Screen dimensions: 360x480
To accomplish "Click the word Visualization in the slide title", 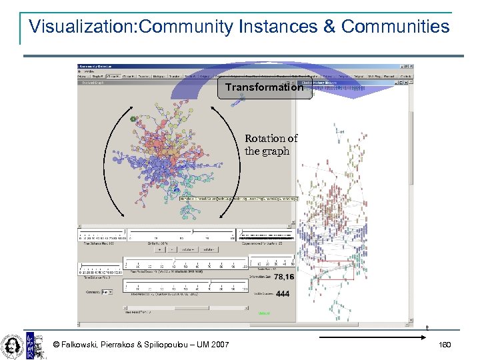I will (79, 27).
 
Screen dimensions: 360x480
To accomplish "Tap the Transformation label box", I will (264, 87).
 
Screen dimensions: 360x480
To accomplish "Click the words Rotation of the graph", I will (271, 145).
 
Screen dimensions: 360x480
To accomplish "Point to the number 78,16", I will (283, 277).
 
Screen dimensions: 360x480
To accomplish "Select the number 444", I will (283, 294).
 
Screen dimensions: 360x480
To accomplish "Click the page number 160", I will (445, 345).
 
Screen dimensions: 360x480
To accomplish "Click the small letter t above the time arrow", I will (427, 327).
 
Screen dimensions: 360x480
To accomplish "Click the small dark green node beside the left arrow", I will (133, 119).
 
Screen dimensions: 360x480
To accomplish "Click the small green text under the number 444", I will (265, 312).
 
